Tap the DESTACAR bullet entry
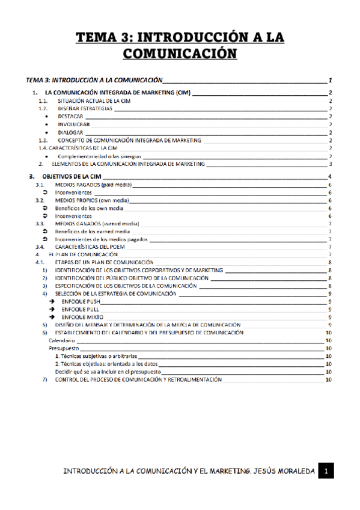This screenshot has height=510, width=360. pos(70,116)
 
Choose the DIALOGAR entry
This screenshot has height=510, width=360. pos(71,132)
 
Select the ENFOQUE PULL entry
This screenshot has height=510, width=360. pos(81,310)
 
